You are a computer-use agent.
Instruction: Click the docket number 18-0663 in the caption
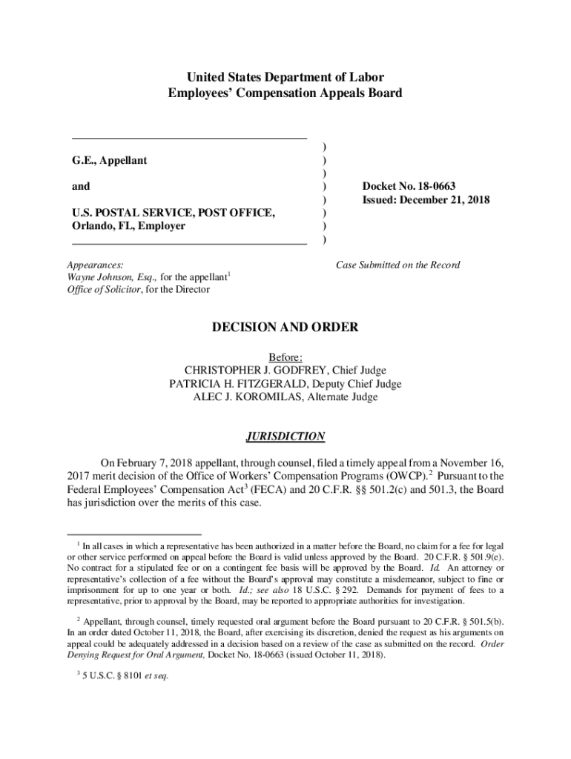click(442, 187)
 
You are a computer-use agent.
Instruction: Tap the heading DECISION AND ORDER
click(285, 327)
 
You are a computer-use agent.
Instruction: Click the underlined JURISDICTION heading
click(285, 437)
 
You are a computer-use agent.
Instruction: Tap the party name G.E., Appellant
click(110, 160)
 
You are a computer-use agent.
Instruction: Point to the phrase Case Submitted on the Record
click(397, 265)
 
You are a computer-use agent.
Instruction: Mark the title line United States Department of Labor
click(285, 78)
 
